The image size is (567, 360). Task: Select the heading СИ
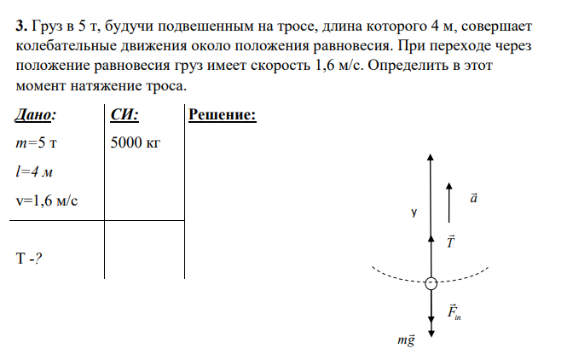click(124, 114)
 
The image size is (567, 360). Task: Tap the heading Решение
click(223, 114)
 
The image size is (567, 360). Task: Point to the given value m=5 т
click(36, 143)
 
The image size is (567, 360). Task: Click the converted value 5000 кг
click(135, 142)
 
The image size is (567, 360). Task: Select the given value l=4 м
click(34, 171)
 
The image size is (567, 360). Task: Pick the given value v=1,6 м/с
click(47, 200)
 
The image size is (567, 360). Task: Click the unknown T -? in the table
click(29, 258)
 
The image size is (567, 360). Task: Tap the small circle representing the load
click(431, 283)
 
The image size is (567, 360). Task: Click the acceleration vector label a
click(473, 198)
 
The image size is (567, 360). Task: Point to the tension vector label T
click(450, 241)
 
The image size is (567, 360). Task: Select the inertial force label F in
click(454, 312)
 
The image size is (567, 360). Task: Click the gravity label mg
click(406, 340)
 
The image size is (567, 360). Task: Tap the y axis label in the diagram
click(414, 212)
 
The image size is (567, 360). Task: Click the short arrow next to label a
click(448, 203)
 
